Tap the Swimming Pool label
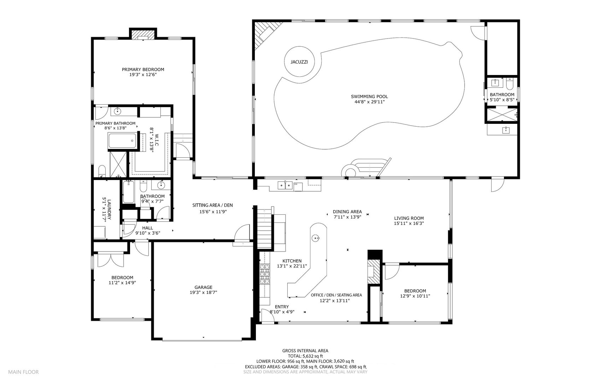[369, 97]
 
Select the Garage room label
[203, 287]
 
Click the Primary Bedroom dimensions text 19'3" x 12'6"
[143, 75]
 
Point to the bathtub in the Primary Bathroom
[122, 141]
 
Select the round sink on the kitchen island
[315, 238]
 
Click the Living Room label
[409, 218]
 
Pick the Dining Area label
[347, 212]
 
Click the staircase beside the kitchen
[265, 228]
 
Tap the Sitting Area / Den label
[212, 205]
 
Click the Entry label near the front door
[282, 307]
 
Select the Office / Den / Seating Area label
[336, 295]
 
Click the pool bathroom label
[502, 94]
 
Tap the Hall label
[147, 228]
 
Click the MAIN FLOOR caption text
[23, 372]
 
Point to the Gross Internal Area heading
[305, 351]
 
